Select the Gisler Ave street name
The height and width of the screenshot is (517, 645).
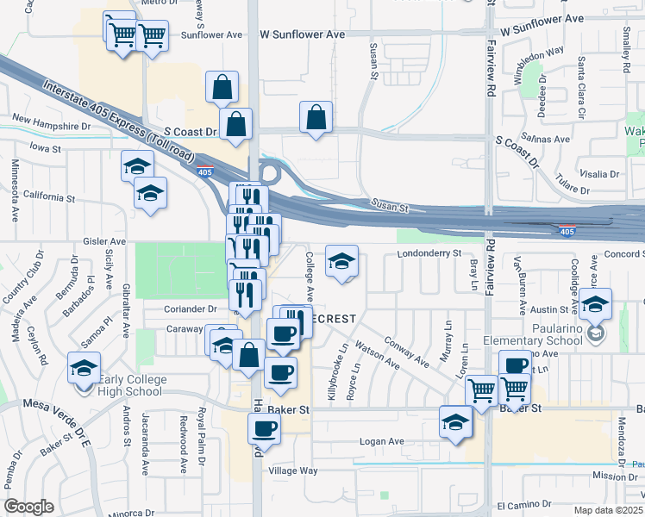(x=104, y=242)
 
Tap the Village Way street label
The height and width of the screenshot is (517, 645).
(x=293, y=470)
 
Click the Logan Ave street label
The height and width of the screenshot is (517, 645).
(x=382, y=441)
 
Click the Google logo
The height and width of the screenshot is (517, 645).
(x=28, y=507)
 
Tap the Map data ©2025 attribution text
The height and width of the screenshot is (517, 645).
(x=607, y=510)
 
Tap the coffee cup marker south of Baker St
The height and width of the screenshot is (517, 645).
(x=264, y=428)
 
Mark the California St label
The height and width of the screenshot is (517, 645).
(x=49, y=197)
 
